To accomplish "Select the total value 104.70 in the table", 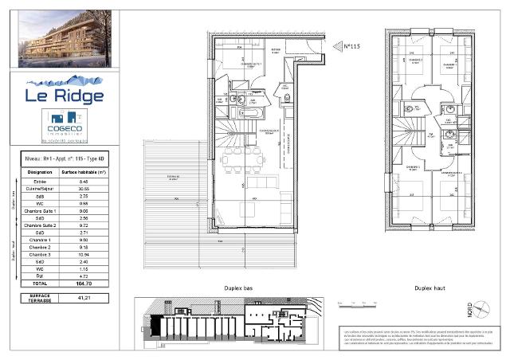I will click(x=84, y=283).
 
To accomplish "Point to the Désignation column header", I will click(x=39, y=171).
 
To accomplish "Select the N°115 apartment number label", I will click(x=351, y=47).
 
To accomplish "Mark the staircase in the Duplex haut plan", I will click(x=410, y=127).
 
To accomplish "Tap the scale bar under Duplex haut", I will click(x=354, y=303).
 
